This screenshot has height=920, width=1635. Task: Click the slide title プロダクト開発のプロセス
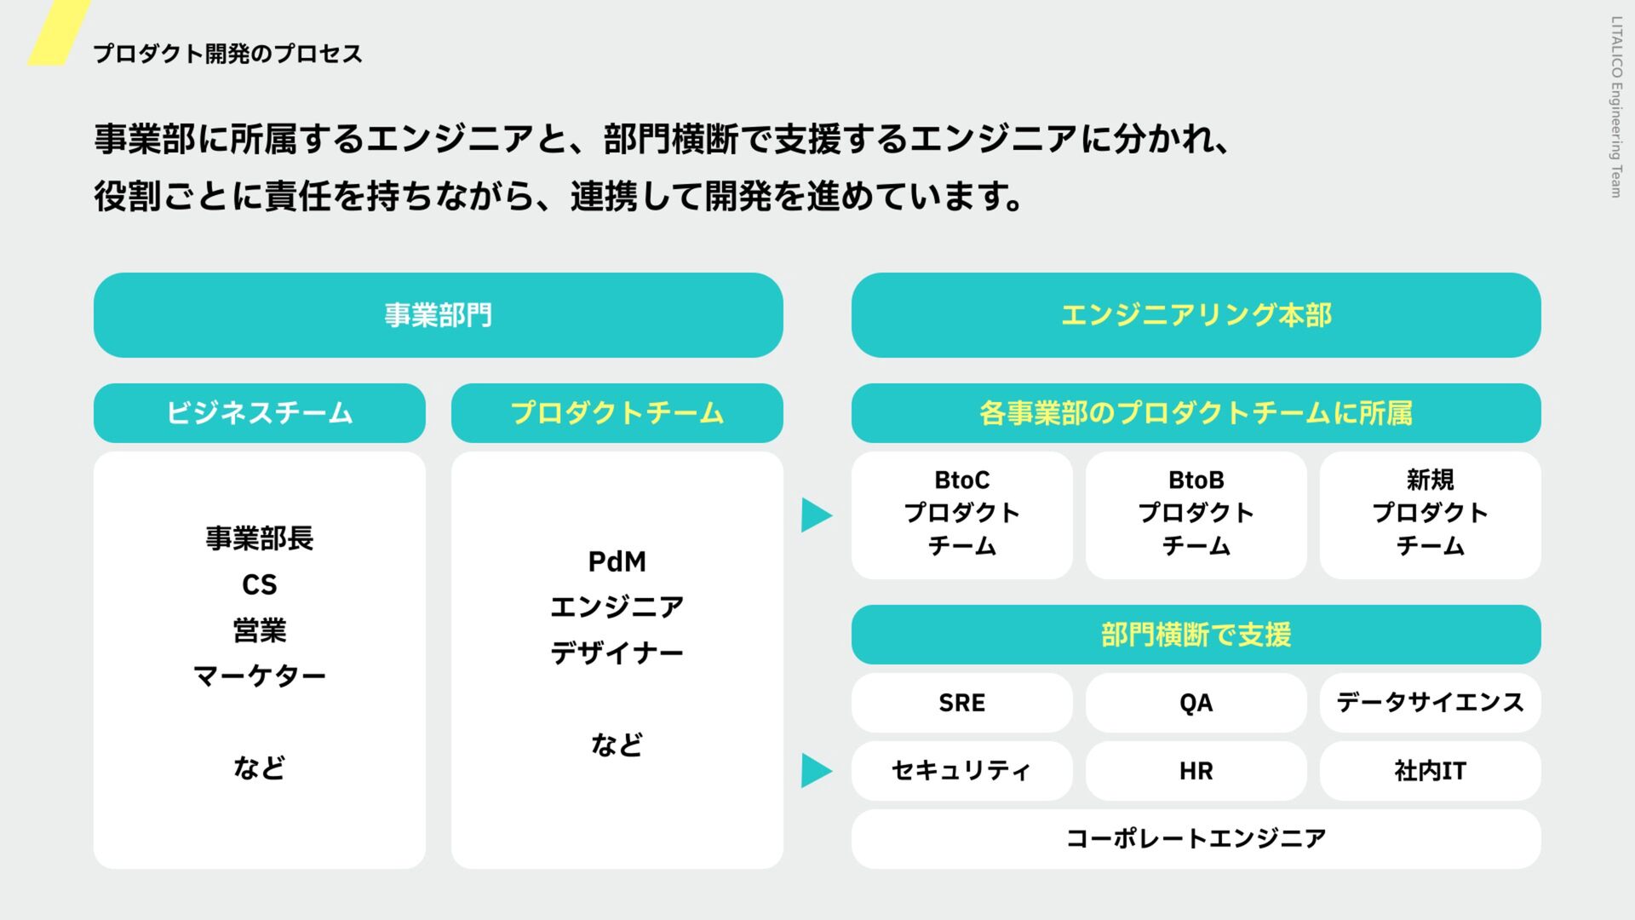coord(227,54)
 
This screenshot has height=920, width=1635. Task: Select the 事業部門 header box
coord(438,315)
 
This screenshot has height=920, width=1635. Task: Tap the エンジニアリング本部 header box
coord(1196,315)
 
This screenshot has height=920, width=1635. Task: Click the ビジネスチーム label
coord(259,413)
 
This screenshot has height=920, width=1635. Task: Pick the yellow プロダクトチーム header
coord(617,413)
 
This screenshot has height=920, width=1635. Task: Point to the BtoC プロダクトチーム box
coord(961,515)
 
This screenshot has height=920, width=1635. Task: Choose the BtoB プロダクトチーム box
coord(1196,515)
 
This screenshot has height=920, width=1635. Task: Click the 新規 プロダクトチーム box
coord(1430,515)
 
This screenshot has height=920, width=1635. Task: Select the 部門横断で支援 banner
coord(1196,635)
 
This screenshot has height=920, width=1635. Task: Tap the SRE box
coord(961,703)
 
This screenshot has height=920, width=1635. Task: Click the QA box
coord(1196,703)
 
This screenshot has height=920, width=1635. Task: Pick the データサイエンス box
coord(1430,703)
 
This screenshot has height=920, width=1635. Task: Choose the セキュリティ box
coord(961,771)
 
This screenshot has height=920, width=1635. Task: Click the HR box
coord(1196,771)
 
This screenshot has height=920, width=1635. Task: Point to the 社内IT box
coord(1430,771)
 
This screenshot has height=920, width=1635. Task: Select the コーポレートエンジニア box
coord(1196,839)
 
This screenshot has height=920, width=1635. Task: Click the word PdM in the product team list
coord(617,562)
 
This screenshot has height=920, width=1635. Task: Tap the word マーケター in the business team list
coord(259,676)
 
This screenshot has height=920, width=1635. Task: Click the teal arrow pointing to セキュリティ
coord(816,771)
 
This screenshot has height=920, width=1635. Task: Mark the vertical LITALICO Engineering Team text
coord(1615,107)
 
